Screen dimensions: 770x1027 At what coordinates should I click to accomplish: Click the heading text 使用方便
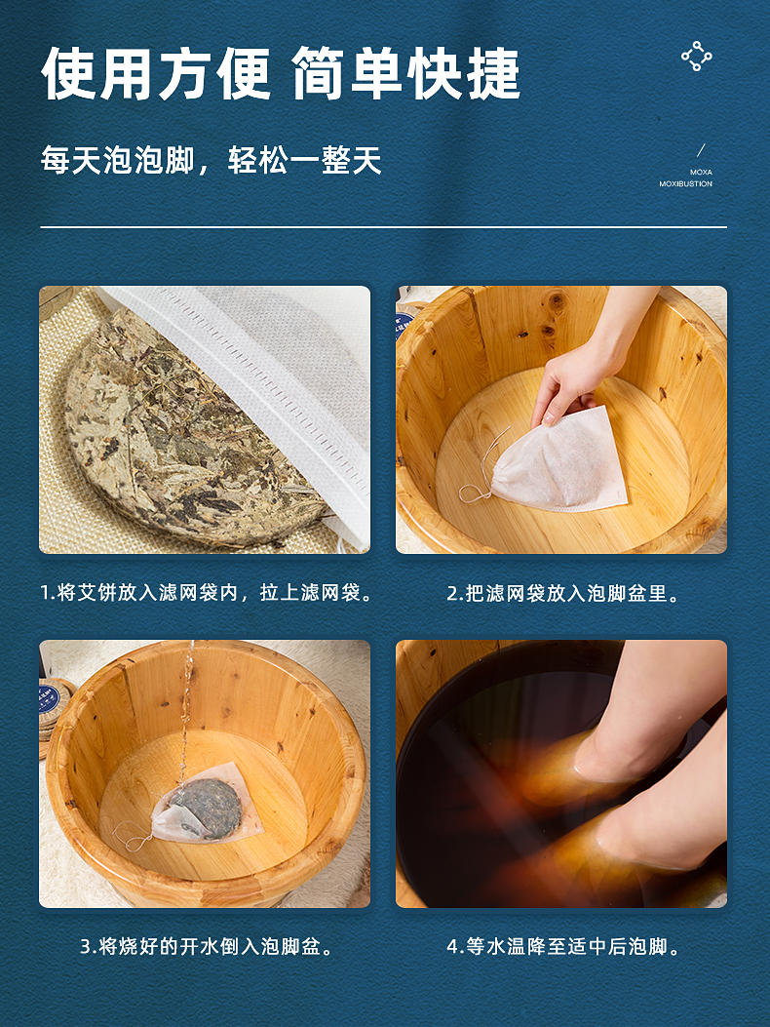point(156,73)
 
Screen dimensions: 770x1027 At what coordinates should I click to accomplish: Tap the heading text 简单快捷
point(405,73)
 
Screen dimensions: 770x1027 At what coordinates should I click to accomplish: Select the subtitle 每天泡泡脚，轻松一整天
point(211,161)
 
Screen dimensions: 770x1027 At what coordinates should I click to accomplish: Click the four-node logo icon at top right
point(697,57)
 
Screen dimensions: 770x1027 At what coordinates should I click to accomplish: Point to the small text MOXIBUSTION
point(685,184)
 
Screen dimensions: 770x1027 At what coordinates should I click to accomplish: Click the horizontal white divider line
point(384,227)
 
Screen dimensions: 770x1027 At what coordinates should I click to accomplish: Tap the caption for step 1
point(207,593)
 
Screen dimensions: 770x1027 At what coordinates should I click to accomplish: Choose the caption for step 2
point(563,593)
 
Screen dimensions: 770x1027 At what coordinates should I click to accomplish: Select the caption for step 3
point(207,946)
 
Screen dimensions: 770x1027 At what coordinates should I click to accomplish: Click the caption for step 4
point(563,946)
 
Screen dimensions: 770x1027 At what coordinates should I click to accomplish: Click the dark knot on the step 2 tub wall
point(556,302)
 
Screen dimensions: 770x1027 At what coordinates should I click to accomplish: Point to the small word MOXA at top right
point(701,173)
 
